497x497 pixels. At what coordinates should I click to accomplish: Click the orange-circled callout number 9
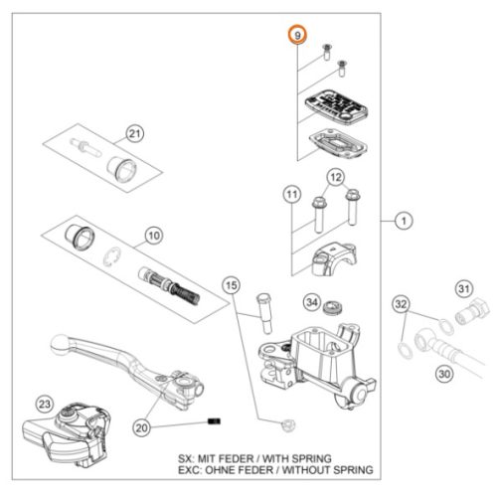tap(297, 35)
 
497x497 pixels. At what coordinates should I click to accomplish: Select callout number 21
tap(134, 134)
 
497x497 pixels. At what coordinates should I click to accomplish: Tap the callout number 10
tap(154, 236)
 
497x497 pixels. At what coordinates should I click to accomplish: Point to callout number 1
tap(404, 221)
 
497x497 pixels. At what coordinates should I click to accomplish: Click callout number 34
tap(312, 302)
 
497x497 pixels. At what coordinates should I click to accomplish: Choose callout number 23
tap(45, 405)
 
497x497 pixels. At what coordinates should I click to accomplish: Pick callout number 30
tap(444, 374)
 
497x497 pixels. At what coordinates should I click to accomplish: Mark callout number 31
tap(464, 288)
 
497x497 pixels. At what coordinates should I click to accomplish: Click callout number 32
tap(401, 304)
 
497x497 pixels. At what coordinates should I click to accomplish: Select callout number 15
tap(232, 285)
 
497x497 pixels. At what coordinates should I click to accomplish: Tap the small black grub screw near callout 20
tap(214, 421)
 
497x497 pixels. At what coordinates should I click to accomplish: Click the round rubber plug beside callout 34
tap(332, 307)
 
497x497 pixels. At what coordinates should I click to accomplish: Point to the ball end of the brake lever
tap(60, 345)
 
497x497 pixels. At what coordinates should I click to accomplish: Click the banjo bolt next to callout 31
tap(472, 311)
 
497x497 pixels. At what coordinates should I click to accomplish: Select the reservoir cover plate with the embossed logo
tap(336, 108)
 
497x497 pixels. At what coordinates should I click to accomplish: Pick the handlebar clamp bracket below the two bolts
tap(334, 259)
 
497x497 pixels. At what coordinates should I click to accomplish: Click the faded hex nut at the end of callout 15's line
tap(287, 424)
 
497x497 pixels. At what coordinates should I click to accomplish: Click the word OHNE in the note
tap(219, 470)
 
